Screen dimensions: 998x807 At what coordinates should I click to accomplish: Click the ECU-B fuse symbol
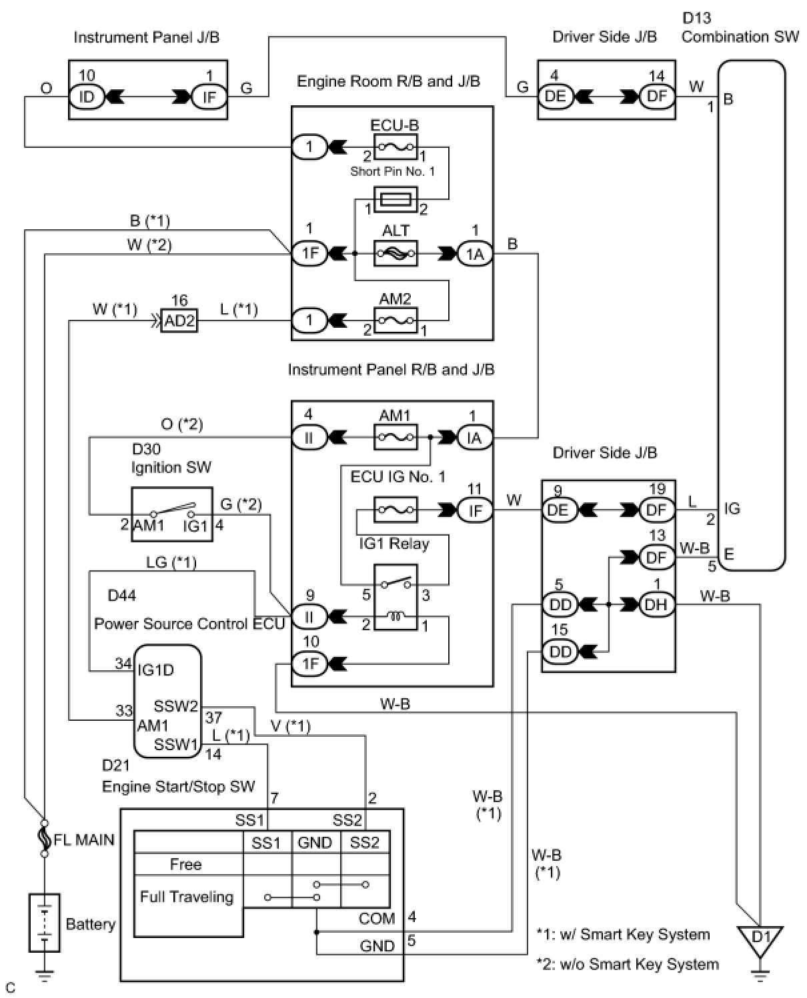point(395,147)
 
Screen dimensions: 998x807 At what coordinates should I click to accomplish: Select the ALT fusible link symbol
point(395,253)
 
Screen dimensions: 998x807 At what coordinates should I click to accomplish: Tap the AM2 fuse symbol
point(395,320)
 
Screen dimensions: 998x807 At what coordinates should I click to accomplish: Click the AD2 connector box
point(179,321)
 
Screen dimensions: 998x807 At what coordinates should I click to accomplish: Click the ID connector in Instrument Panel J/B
point(87,97)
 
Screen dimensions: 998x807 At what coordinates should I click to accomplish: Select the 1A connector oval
point(475,254)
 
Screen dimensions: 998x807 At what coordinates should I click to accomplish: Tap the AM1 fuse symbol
point(395,438)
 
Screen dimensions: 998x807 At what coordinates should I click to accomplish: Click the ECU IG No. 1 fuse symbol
point(395,510)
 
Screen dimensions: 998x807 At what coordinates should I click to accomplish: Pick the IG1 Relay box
point(395,597)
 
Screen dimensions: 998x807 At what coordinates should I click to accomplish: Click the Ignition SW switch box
point(171,514)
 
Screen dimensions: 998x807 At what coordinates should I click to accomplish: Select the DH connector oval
point(657,605)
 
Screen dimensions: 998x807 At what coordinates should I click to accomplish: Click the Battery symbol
point(45,923)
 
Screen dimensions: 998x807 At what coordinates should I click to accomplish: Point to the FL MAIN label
point(84,839)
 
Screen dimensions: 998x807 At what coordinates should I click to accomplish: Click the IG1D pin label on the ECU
point(156,670)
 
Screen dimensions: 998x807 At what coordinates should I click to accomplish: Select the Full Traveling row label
point(187,897)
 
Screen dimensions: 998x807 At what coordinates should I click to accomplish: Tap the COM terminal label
point(377,919)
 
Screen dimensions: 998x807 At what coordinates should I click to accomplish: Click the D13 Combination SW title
point(740,28)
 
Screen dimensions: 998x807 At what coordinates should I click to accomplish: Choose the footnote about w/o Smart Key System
point(628,964)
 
